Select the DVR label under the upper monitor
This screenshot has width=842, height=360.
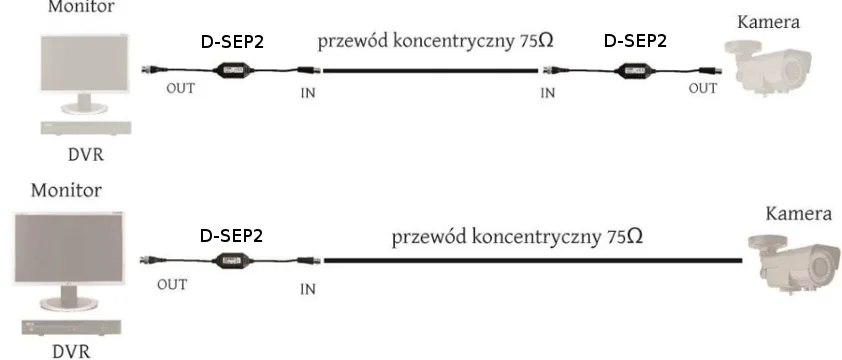pyautogui.click(x=83, y=156)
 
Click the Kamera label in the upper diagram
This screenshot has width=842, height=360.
pyautogui.click(x=768, y=22)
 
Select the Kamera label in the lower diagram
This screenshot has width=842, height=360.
pyautogui.click(x=798, y=214)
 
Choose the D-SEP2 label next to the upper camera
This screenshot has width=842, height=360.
pyautogui.click(x=635, y=42)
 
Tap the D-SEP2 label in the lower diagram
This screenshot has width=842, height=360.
pyautogui.click(x=232, y=236)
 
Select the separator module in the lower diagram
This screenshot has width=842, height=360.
pyautogui.click(x=232, y=262)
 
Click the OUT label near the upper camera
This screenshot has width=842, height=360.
pyautogui.click(x=703, y=88)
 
